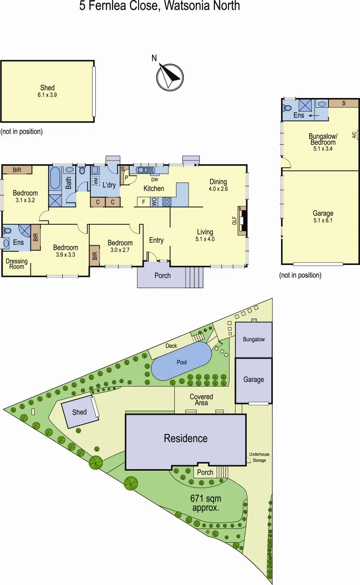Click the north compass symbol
tap(170, 76)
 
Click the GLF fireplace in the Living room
tap(242, 220)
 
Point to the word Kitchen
tap(154, 188)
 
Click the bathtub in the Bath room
tap(55, 178)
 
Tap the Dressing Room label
tap(16, 263)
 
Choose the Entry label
tap(156, 240)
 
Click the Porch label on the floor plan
tap(162, 276)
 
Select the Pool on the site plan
tap(181, 362)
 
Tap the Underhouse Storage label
tap(257, 458)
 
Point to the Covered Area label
tap(201, 400)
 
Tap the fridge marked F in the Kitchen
tap(143, 202)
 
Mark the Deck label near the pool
tap(171, 346)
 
